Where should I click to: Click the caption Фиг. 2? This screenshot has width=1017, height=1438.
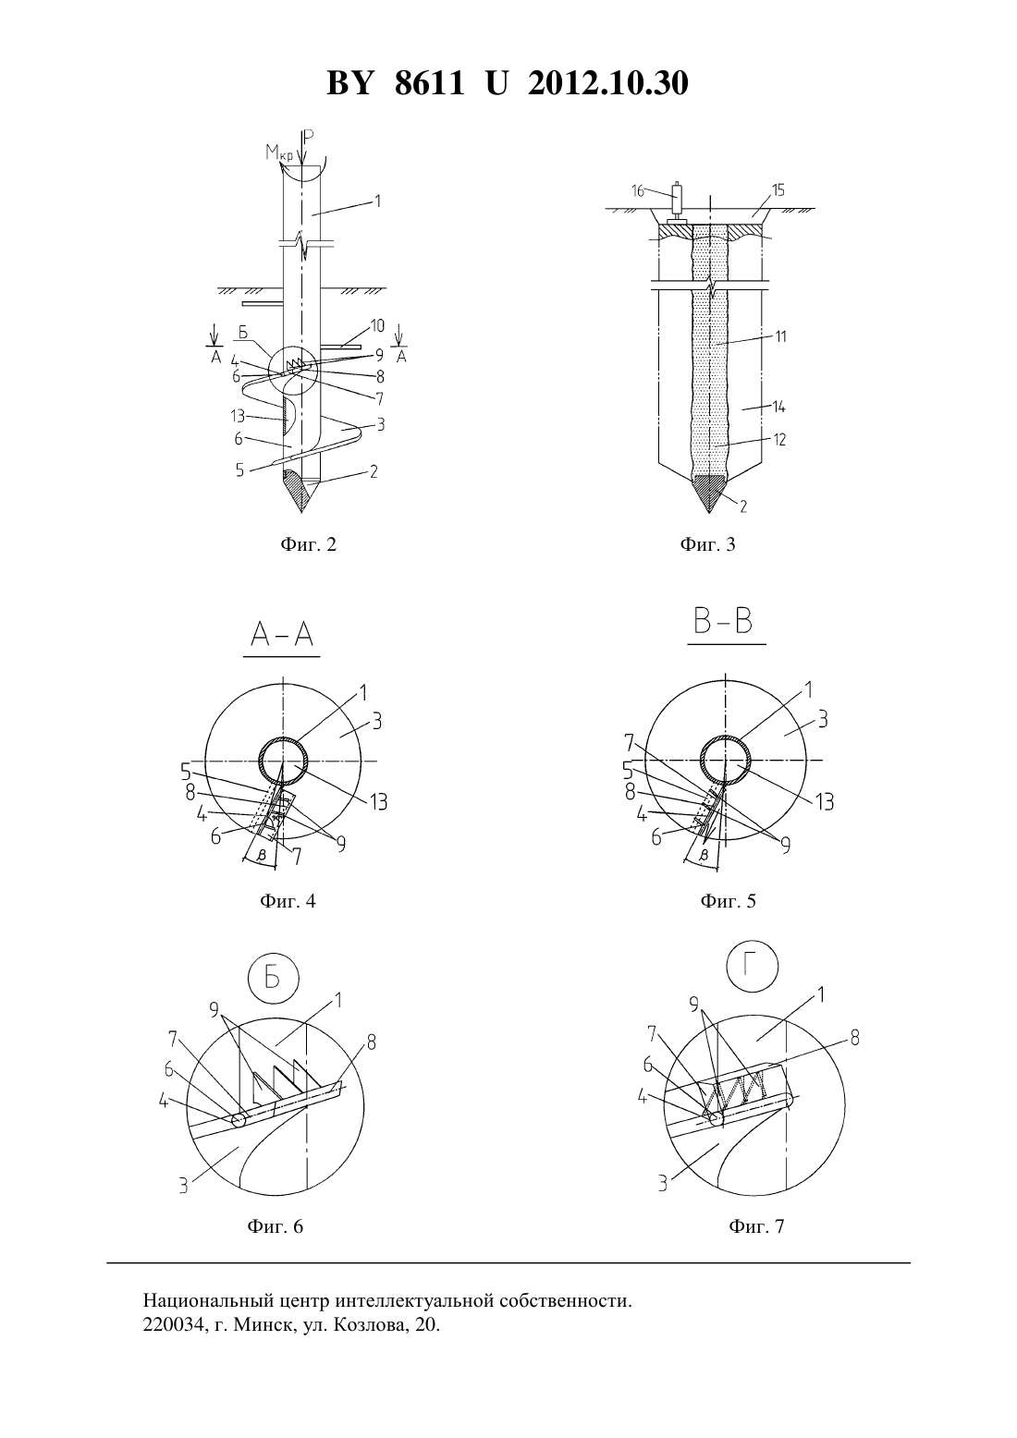tap(308, 544)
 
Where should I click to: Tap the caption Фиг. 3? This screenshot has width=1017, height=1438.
tap(707, 544)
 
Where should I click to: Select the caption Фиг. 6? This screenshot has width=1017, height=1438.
tap(275, 1226)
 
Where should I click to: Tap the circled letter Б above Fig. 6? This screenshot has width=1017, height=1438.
tap(273, 978)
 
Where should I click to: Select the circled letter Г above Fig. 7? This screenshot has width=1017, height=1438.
tap(753, 966)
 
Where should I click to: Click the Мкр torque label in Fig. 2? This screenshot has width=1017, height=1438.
tap(278, 153)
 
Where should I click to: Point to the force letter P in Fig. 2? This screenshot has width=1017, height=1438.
tap(310, 137)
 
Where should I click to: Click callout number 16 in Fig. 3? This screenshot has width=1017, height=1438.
tap(638, 191)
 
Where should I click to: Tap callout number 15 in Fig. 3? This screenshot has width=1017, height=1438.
tap(778, 190)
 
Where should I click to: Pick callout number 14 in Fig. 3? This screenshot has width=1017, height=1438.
tap(779, 407)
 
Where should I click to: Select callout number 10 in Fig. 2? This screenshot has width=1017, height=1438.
tap(377, 326)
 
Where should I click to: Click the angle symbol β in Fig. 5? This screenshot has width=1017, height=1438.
tap(705, 855)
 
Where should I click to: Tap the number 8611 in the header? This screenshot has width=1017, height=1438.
tap(429, 83)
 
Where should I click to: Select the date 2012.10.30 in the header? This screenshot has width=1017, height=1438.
tap(608, 83)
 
